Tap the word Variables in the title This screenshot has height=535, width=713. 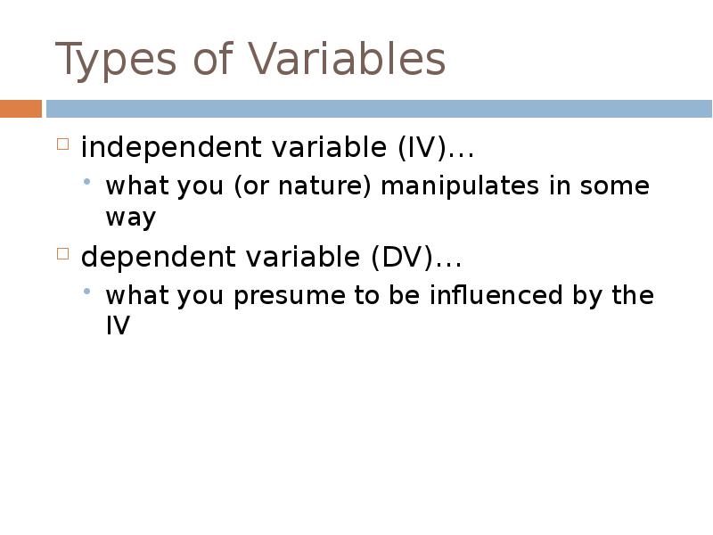(347, 60)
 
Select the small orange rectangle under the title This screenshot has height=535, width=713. (20, 109)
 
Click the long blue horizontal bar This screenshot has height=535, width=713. (379, 109)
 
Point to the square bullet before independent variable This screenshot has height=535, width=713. (62, 144)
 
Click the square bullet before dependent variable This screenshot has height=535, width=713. (62, 254)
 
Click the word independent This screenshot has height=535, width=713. (157, 148)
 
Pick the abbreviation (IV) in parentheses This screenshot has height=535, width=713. (421, 148)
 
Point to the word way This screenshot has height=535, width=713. (130, 218)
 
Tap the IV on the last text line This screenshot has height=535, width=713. (118, 326)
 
